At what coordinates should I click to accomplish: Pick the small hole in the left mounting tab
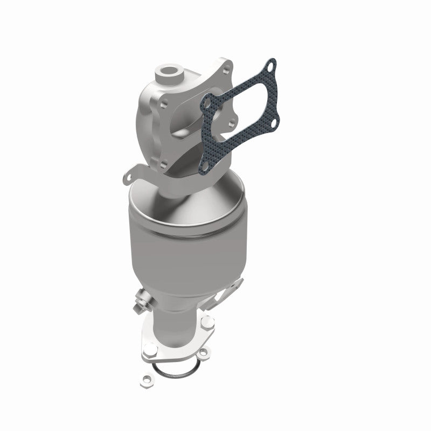pos(128,176)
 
